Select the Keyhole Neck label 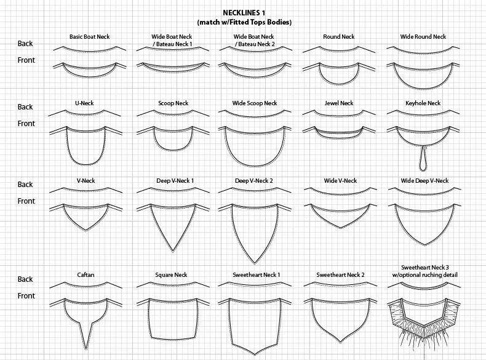tap(423, 103)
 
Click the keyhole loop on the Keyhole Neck tap(423, 162)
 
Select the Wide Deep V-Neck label tap(424, 181)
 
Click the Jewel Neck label tap(338, 103)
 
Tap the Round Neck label tap(338, 37)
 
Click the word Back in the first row tap(25, 44)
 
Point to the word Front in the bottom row tap(26, 296)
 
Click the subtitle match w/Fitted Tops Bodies tap(244, 22)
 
